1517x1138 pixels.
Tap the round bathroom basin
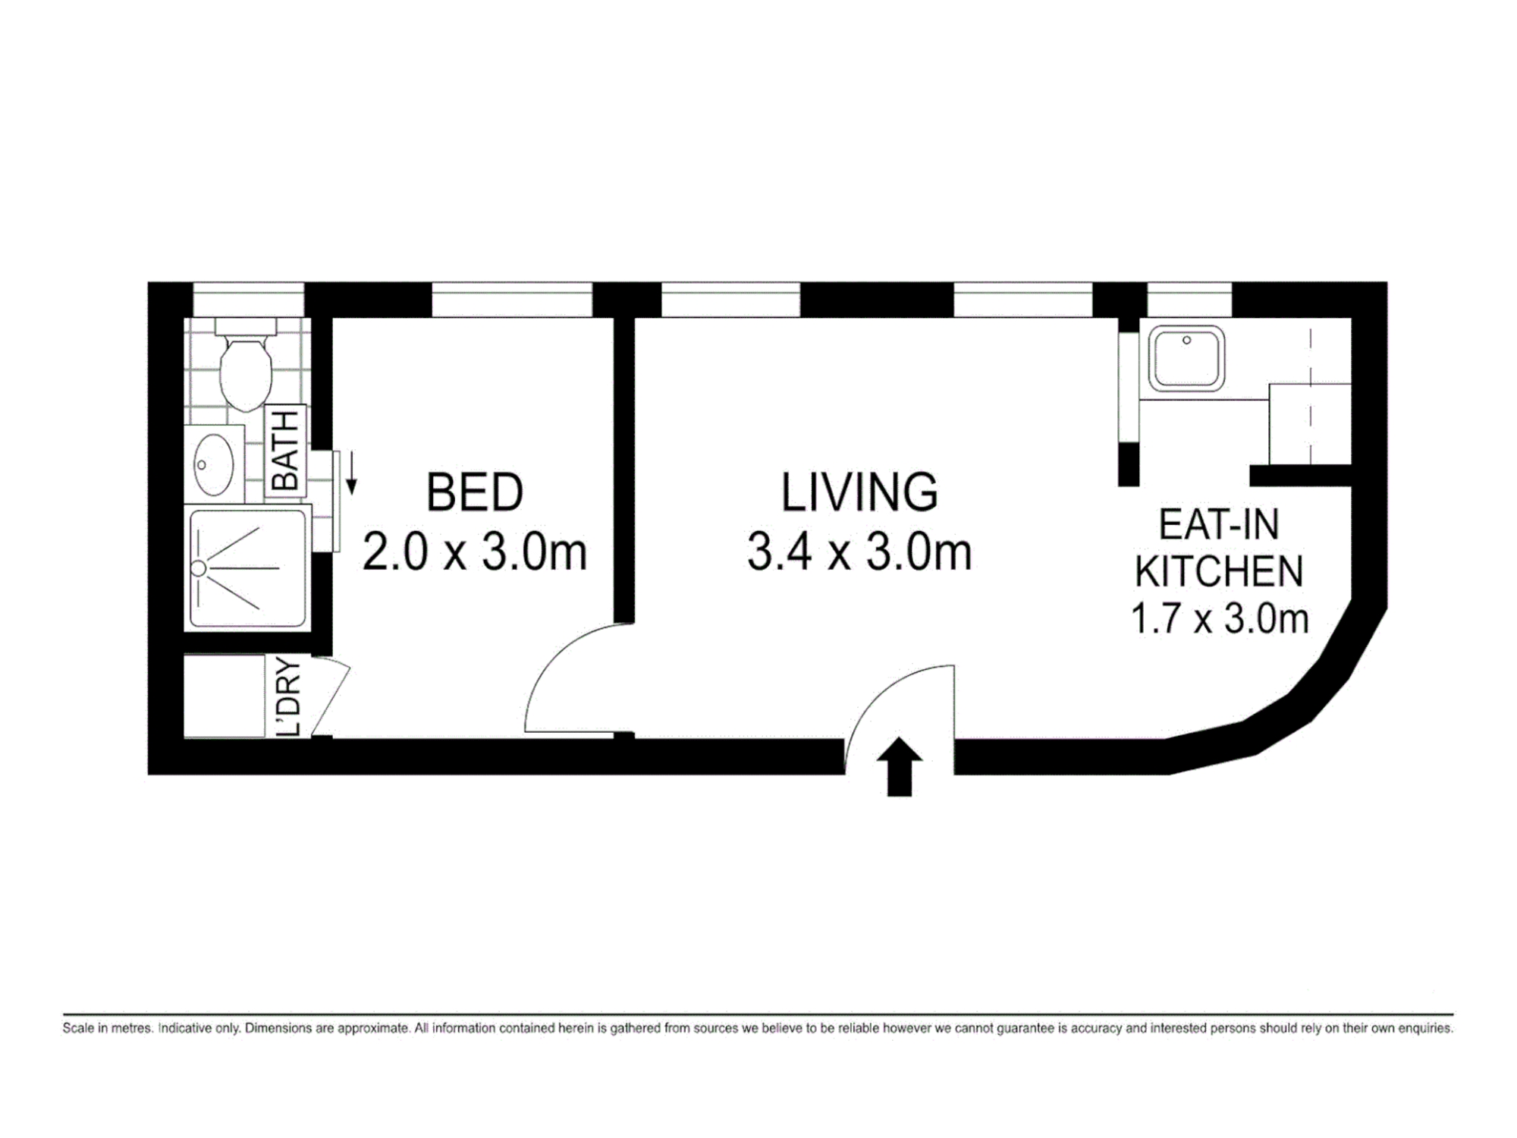tap(214, 464)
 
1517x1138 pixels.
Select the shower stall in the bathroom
tap(248, 568)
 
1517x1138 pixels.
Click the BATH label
tap(285, 451)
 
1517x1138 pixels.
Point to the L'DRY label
tap(289, 696)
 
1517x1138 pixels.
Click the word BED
tap(475, 492)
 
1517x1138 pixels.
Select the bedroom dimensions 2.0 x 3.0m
tap(475, 552)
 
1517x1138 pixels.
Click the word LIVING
tap(859, 492)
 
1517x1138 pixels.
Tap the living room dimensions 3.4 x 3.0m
tap(859, 552)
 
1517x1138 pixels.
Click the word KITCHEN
tap(1219, 571)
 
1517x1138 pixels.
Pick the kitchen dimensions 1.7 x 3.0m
tap(1220, 618)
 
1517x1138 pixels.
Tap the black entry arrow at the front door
tap(900, 766)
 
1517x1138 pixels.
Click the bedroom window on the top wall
tap(512, 300)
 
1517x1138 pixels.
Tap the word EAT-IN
tap(1219, 524)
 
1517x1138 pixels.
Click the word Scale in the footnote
tap(78, 1029)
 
